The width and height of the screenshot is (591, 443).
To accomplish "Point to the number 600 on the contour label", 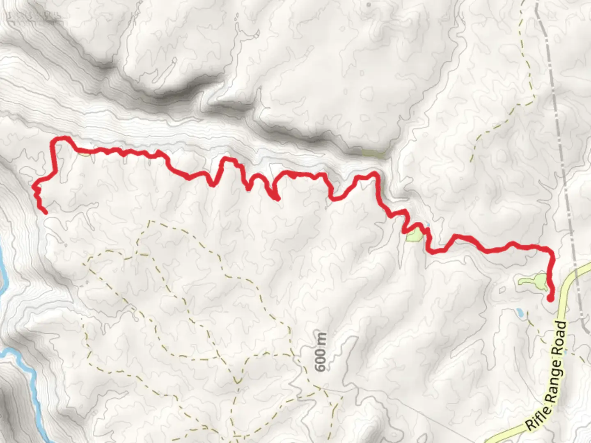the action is click(321, 360).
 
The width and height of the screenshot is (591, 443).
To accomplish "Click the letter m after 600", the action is click(321, 339).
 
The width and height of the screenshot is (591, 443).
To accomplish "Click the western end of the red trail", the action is click(44, 212).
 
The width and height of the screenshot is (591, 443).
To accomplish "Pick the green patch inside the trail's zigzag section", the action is click(414, 235).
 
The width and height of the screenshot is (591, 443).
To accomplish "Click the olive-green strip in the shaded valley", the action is click(373, 154).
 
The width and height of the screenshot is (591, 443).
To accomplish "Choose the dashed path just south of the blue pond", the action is click(534, 328).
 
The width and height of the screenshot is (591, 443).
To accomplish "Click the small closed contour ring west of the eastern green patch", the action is click(502, 290).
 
